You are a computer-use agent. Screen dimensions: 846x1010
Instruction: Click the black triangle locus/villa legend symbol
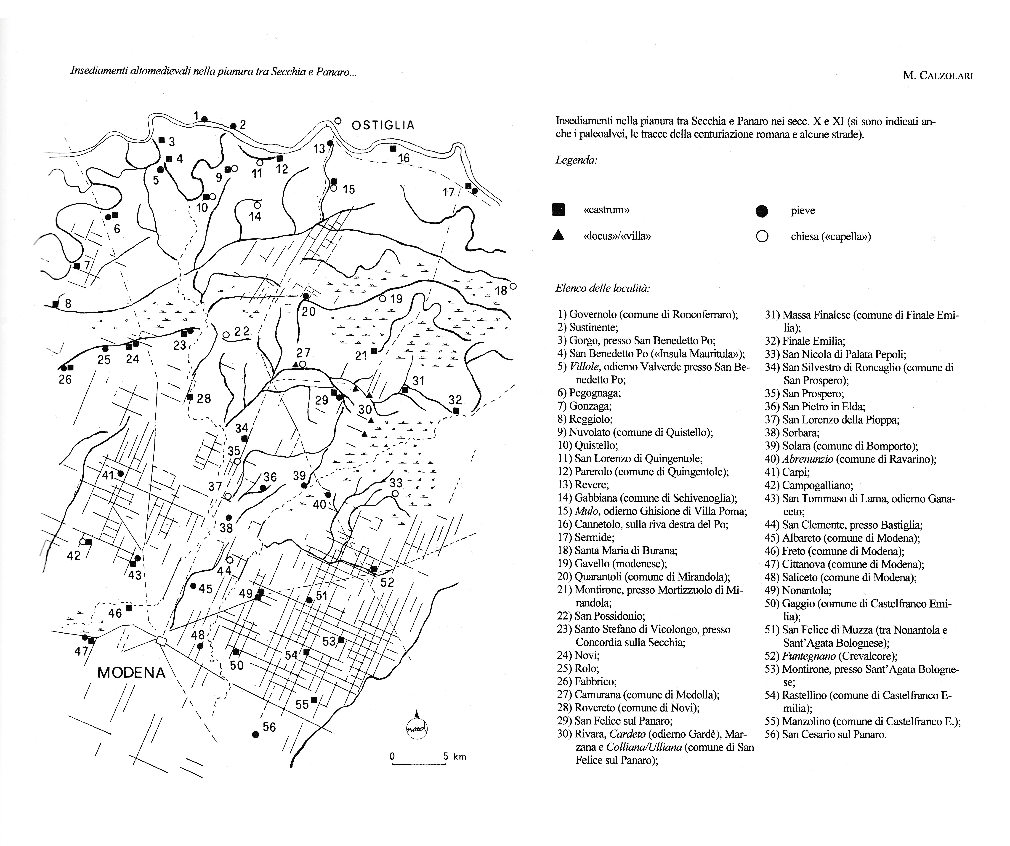(558, 235)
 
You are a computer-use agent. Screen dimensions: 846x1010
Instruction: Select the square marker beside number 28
(190, 397)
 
